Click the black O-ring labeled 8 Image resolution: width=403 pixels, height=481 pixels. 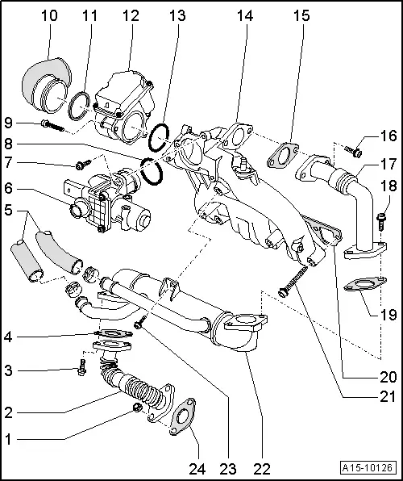[x=150, y=169]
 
